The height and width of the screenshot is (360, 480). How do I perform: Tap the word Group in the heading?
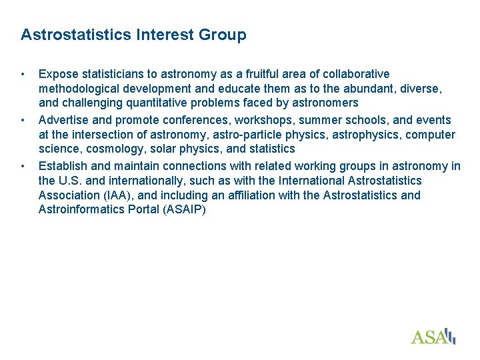tap(222, 35)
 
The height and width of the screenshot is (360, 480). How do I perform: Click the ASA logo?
tap(433, 336)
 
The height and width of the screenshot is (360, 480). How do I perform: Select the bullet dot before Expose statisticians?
tap(23, 73)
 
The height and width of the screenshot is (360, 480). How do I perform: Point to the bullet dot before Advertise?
tap(23, 120)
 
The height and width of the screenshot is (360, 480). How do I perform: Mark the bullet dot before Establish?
tap(23, 166)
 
